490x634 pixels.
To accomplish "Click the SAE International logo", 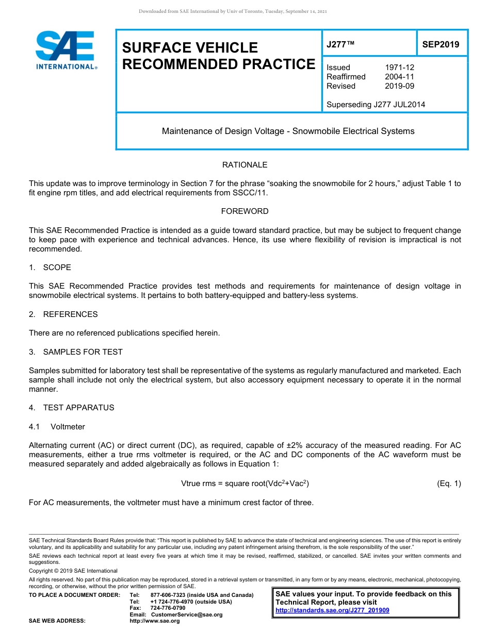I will coord(66,50).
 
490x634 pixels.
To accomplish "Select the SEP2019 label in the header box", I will coord(440,44).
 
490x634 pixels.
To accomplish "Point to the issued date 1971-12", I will coord(399,68).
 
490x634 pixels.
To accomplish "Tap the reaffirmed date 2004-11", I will coord(399,77).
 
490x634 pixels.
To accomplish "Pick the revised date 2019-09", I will coord(399,86).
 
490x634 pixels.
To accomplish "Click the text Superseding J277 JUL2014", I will coord(375,105).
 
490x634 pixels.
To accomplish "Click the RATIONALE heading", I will coord(244,165).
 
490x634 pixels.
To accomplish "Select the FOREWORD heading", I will coord(244,211).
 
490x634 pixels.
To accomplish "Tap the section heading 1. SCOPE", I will coord(50,268).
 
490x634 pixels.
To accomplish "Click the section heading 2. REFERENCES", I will coord(63,314).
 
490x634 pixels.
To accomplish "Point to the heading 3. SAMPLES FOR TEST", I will coord(76,352).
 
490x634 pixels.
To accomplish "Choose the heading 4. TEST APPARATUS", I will coord(72,408).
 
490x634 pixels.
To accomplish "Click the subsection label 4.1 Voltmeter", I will coord(57,427).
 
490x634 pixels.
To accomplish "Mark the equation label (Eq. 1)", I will coord(449,483).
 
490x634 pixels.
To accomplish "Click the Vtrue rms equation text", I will coord(245,483).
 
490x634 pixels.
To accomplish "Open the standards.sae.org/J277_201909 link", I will coord(332,610).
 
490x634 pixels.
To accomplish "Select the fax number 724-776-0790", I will coord(168,608).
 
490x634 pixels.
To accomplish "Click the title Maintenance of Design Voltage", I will coord(288,131).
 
